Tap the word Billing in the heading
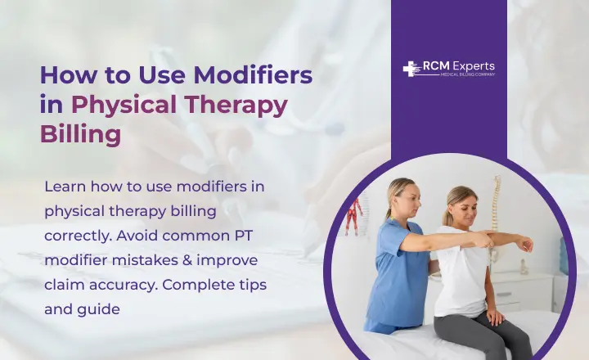[80, 133]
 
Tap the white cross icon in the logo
[410, 69]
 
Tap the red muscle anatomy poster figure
[353, 218]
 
